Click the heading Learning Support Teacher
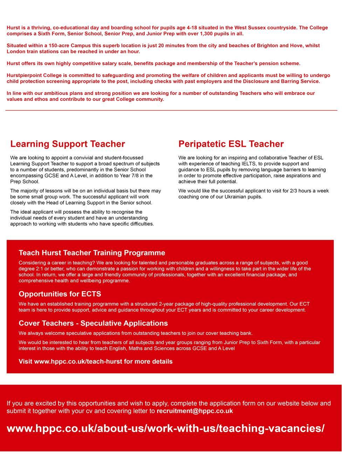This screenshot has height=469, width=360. point(68,144)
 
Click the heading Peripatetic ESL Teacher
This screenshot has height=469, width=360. point(231,144)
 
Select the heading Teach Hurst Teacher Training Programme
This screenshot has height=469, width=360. point(92,253)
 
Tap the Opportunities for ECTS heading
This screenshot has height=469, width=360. point(60,294)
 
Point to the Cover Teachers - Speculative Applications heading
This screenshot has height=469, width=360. point(93,323)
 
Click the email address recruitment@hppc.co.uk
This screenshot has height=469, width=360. point(195,411)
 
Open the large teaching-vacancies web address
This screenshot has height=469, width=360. point(166,428)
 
